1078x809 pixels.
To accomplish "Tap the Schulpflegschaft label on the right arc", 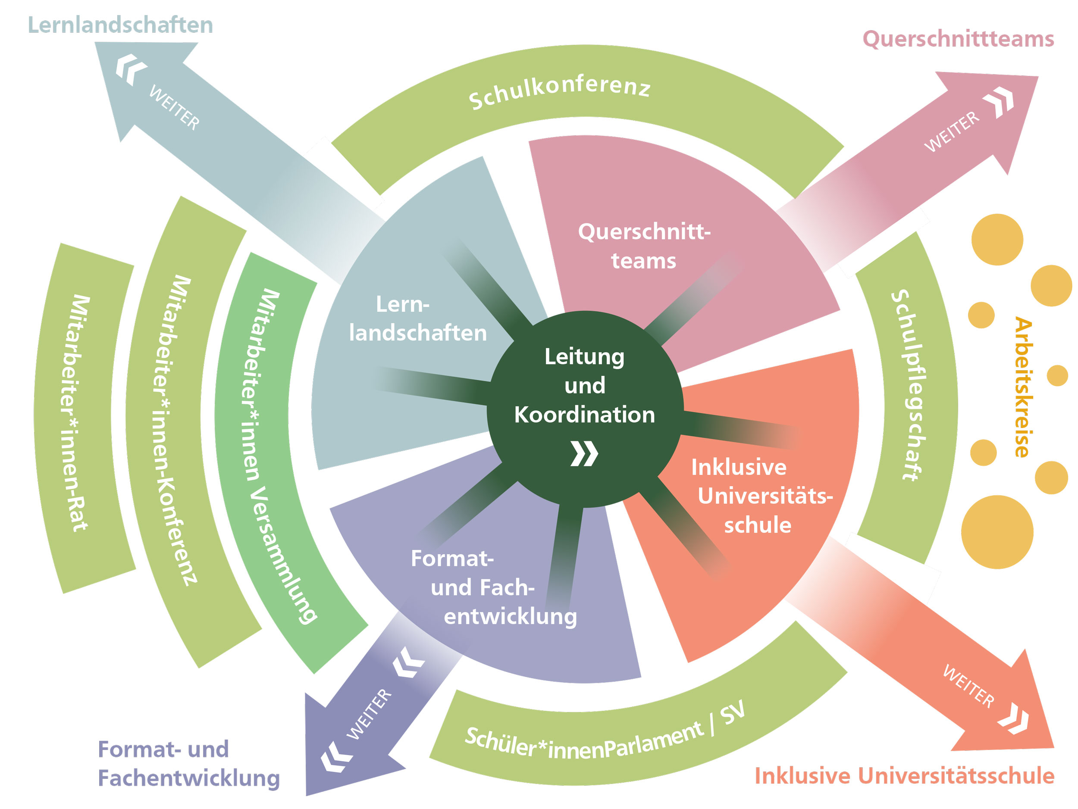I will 907,385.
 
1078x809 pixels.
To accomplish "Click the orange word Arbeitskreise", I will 1022,387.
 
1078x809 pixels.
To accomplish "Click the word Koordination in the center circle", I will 584,415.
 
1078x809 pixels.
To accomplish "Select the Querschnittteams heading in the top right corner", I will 958,39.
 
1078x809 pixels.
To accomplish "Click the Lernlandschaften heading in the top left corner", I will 120,25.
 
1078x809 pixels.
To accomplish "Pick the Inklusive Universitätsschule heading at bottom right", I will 904,776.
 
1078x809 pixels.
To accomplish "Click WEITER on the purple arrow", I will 369,714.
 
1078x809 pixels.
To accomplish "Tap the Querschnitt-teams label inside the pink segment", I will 644,246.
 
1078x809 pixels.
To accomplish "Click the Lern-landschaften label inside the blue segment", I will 418,319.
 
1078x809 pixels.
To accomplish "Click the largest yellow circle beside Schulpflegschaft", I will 997,532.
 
